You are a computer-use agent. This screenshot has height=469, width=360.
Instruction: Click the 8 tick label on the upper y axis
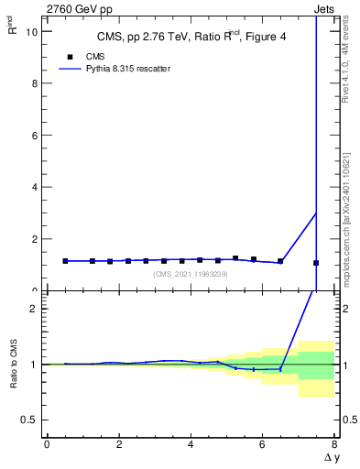pos(36,83)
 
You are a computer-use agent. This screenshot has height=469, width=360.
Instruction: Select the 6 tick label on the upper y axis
pos(36,135)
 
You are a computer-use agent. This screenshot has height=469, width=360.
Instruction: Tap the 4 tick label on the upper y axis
pos(36,187)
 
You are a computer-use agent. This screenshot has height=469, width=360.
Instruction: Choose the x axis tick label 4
pos(191,444)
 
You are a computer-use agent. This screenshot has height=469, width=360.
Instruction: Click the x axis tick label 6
pos(262,444)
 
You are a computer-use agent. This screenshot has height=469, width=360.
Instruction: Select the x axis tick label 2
pos(118,444)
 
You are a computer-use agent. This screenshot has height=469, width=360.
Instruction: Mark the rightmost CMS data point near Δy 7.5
pos(316,263)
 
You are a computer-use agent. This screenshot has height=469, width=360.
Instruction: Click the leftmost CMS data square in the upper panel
pos(65,261)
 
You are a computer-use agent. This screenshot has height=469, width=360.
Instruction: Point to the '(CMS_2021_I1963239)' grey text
pos(191,274)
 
